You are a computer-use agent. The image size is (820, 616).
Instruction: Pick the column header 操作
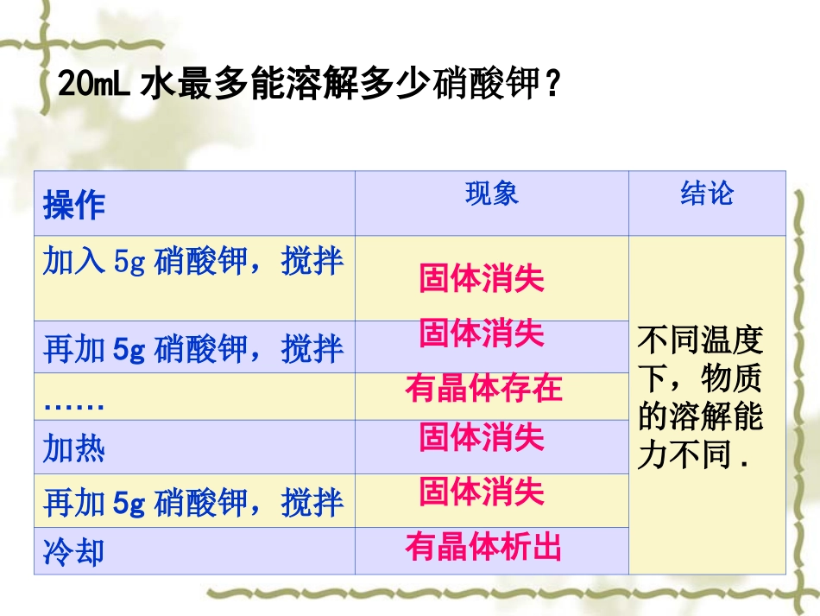tap(74, 206)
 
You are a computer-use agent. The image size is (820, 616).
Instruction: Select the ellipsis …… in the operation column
tap(74, 404)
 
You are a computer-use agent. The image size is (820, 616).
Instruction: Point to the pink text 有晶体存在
tap(483, 389)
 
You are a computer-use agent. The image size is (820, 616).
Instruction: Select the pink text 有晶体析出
tap(483, 546)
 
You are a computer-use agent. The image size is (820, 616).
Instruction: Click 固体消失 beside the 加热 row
tap(482, 438)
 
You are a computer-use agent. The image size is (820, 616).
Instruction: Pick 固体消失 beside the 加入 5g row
tap(482, 279)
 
